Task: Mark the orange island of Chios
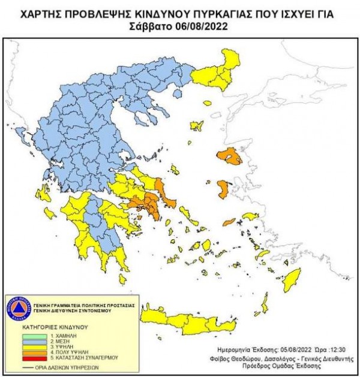tap(223, 189)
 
